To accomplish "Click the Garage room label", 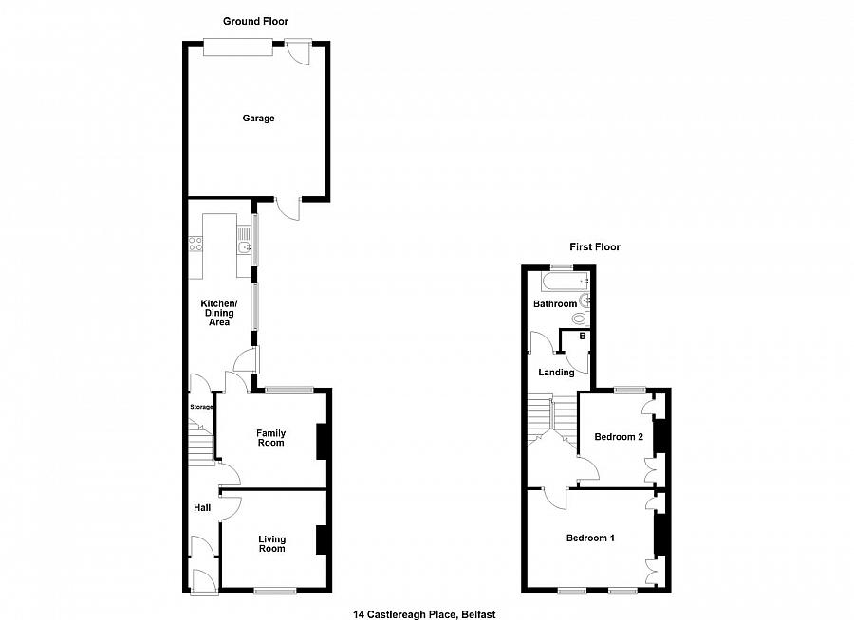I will click(x=258, y=119).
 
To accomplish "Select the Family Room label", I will click(x=270, y=438).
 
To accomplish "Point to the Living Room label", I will click(x=272, y=543).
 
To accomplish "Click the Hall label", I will click(x=202, y=509).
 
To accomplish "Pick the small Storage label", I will click(x=201, y=407).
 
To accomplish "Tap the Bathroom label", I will click(x=554, y=304).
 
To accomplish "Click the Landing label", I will click(x=556, y=373).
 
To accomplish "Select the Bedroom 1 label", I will click(x=590, y=538).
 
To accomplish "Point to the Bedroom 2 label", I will click(x=619, y=437).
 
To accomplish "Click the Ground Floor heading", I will click(x=255, y=21).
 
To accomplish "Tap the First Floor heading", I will click(x=594, y=247).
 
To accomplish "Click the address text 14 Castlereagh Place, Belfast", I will click(x=425, y=614).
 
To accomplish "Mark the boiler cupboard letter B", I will click(x=582, y=337).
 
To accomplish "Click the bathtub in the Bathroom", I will click(x=562, y=282).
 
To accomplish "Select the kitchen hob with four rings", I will click(x=195, y=243).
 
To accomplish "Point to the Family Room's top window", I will click(x=288, y=390).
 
